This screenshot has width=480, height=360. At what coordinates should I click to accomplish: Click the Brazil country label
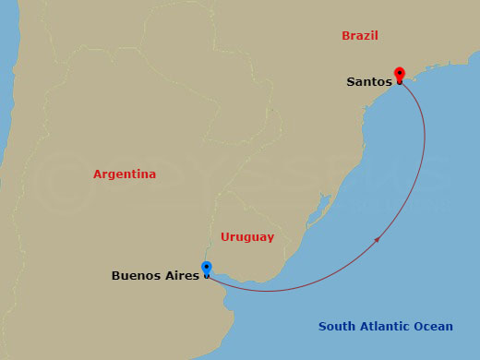[360, 36]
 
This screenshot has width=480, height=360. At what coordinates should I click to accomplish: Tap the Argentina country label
[125, 174]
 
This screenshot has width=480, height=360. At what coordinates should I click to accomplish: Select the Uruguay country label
[246, 237]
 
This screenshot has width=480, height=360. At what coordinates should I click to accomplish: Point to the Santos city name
[368, 81]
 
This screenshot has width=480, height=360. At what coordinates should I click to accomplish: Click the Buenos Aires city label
[154, 275]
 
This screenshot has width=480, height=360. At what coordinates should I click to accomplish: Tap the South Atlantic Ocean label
[386, 326]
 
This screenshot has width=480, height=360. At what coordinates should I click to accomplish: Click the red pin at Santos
[400, 75]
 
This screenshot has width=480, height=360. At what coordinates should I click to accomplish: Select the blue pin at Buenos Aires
[206, 269]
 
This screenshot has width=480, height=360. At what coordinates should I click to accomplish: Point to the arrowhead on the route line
[379, 239]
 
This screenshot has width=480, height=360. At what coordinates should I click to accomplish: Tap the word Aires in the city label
[179, 275]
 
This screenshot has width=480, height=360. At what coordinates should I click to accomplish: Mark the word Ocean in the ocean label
[434, 326]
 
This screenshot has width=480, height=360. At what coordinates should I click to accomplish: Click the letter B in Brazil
[345, 36]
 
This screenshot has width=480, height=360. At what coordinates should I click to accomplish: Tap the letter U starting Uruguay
[224, 237]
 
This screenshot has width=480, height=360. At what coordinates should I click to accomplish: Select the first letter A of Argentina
[97, 174]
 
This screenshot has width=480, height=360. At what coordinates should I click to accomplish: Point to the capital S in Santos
[351, 81]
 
